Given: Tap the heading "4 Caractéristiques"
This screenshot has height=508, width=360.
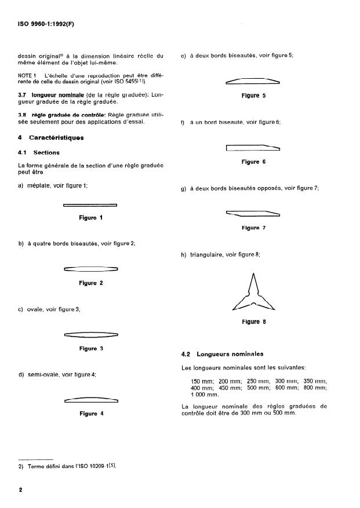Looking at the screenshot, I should [x=51, y=138].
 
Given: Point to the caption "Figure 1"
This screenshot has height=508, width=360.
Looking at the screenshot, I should [x=90, y=218].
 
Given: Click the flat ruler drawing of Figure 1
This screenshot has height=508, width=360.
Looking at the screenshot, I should [x=90, y=204].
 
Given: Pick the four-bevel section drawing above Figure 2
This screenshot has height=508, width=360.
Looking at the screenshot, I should [x=90, y=269].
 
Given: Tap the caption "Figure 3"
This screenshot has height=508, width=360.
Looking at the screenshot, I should [x=90, y=349].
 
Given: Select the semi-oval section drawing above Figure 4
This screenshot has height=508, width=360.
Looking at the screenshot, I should [x=90, y=400].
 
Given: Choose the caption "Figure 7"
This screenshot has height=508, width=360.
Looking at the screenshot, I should [x=253, y=228].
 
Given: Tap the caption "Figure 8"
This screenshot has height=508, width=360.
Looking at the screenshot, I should [x=253, y=322].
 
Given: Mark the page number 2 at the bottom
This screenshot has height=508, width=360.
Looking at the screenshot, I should [x=20, y=490].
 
